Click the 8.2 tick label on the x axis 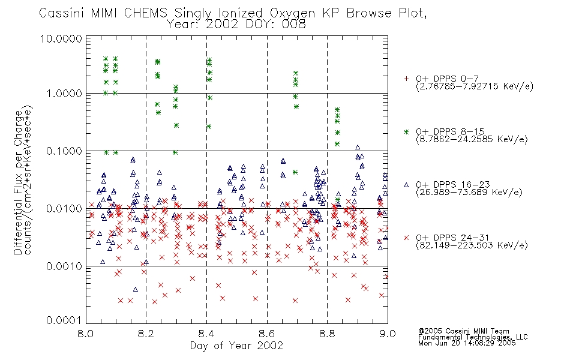pos(146,333)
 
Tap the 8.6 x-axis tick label pos(267,333)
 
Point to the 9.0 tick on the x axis pos(388,333)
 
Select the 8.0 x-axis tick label pos(85,333)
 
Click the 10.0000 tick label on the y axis pos(61,38)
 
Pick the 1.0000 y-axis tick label pos(64,94)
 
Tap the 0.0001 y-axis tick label pos(64,320)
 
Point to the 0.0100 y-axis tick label pos(64,209)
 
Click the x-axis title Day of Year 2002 pos(236,346)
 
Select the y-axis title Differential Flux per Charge pos(18,182)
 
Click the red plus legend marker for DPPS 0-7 pos(406,79)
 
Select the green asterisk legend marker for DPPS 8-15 pos(406,132)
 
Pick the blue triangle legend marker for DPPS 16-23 pos(406,185)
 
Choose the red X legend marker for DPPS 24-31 pos(406,238)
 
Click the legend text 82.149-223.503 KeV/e pos(472,245)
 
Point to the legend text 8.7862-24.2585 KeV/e pos(472,139)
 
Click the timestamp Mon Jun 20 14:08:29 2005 pos(467,343)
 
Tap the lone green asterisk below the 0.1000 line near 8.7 pos(295,172)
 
